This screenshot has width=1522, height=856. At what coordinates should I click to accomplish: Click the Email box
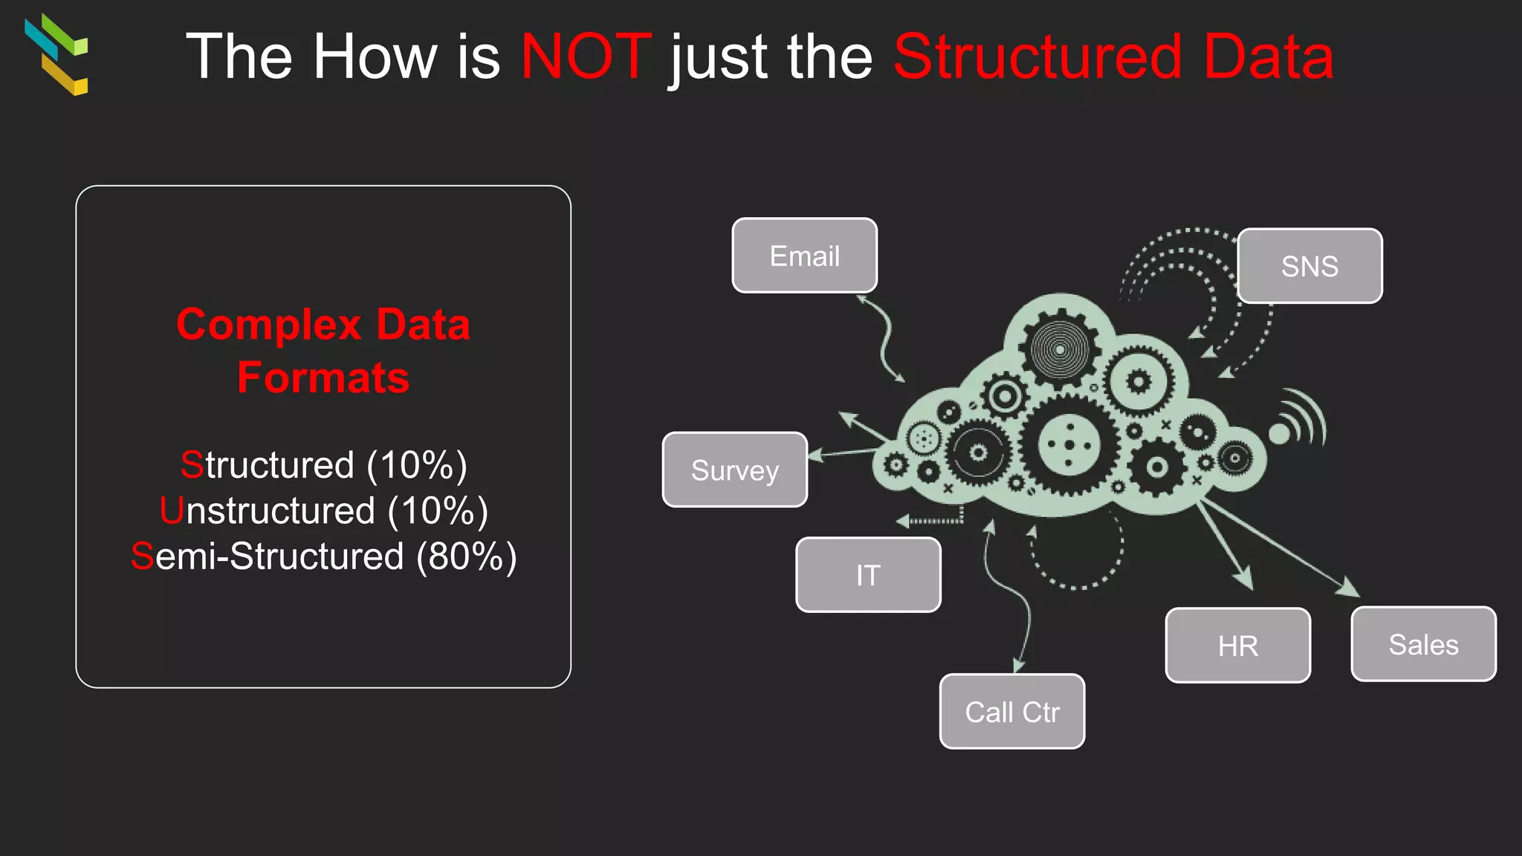(804, 256)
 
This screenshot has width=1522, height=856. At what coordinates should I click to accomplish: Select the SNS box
(1309, 266)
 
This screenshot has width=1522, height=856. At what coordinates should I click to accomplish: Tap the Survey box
(734, 470)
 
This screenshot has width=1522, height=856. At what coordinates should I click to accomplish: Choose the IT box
(868, 574)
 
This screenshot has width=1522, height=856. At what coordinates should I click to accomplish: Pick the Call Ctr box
(1011, 711)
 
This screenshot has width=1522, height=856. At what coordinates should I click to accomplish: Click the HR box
(1237, 645)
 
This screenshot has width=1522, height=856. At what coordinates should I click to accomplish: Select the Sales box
(1423, 643)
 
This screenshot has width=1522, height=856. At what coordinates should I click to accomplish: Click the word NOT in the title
(586, 56)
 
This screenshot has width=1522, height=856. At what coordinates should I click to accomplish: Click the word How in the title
(375, 56)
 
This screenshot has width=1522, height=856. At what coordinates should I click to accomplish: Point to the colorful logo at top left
(57, 54)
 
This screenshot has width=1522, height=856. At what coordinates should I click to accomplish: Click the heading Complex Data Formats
(323, 351)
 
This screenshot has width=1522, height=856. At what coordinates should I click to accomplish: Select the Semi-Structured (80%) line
(323, 556)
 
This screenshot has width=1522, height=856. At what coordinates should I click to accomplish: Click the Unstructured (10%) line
(323, 510)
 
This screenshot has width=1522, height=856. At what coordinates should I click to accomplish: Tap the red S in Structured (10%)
(192, 465)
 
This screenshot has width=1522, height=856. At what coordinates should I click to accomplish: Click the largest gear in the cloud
(1069, 445)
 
